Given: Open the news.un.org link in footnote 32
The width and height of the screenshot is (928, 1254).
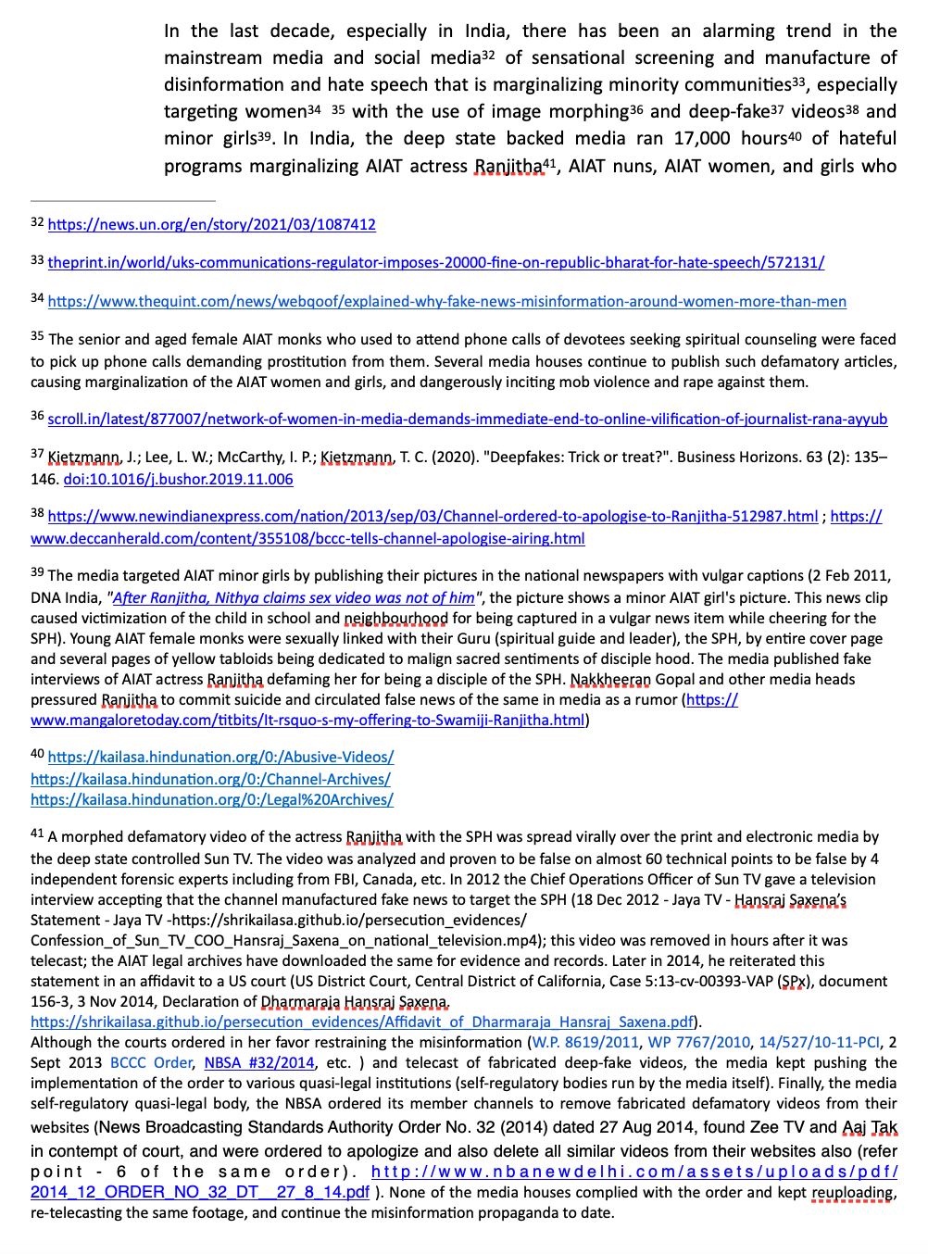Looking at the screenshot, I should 211,225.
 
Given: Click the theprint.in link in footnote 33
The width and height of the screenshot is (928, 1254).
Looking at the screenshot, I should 435,263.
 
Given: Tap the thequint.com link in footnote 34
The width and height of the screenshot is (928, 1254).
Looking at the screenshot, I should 446,302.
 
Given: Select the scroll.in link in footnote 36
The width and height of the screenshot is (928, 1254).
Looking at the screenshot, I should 467,420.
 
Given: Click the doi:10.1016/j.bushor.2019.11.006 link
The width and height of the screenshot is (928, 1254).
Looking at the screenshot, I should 178,480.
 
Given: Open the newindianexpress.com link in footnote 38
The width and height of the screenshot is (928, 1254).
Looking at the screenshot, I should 433,517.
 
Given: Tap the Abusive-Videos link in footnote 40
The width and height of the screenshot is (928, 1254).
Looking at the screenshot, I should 220,758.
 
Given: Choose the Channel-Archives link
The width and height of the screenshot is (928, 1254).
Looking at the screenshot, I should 210,780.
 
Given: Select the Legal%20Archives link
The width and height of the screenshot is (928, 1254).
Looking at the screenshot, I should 211,800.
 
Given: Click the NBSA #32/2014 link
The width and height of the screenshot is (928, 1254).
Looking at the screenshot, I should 259,1063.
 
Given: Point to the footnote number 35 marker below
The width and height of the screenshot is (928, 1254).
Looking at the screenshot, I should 37,337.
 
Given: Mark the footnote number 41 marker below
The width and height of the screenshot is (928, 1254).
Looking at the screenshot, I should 37,834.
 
